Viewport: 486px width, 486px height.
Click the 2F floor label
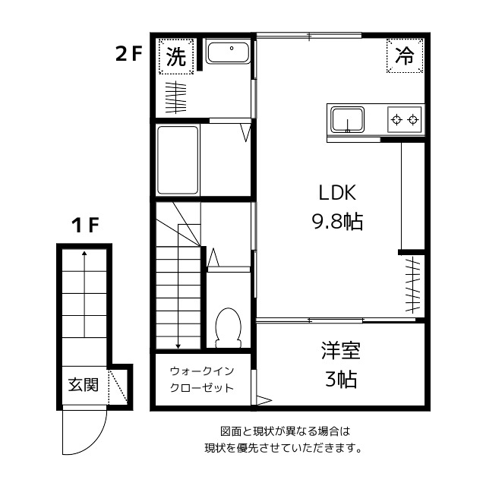[x=128, y=54]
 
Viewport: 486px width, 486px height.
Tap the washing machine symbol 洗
[x=175, y=56]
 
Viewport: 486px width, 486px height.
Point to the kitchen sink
[x=346, y=119]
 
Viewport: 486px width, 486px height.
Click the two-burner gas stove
[x=404, y=118]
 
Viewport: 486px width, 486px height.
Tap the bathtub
[x=178, y=160]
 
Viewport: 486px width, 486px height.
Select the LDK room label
[x=337, y=191]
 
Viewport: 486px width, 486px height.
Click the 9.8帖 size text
[x=337, y=222]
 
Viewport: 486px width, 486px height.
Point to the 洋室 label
[x=340, y=351]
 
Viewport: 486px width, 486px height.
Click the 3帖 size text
[x=340, y=379]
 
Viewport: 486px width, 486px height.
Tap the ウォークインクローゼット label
[x=201, y=379]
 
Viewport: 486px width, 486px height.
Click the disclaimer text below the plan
[x=282, y=439]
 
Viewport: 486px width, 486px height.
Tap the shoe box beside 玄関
[x=118, y=387]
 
